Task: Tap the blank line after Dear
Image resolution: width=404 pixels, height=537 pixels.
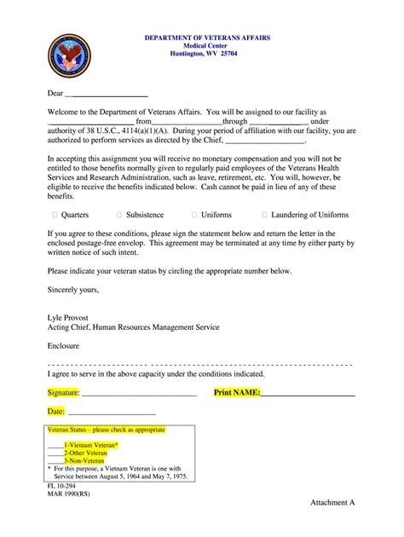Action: [107, 93]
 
